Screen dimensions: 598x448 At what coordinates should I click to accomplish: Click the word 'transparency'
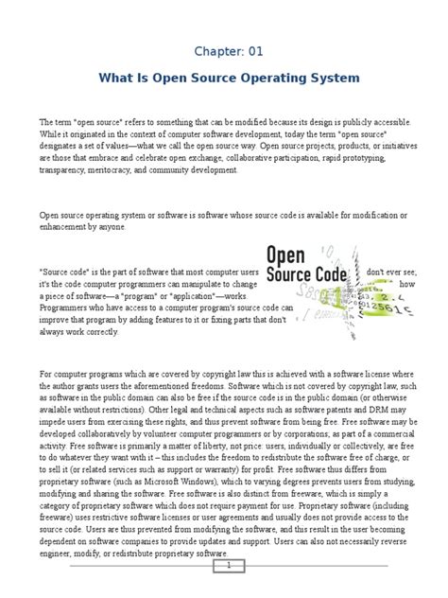60,173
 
